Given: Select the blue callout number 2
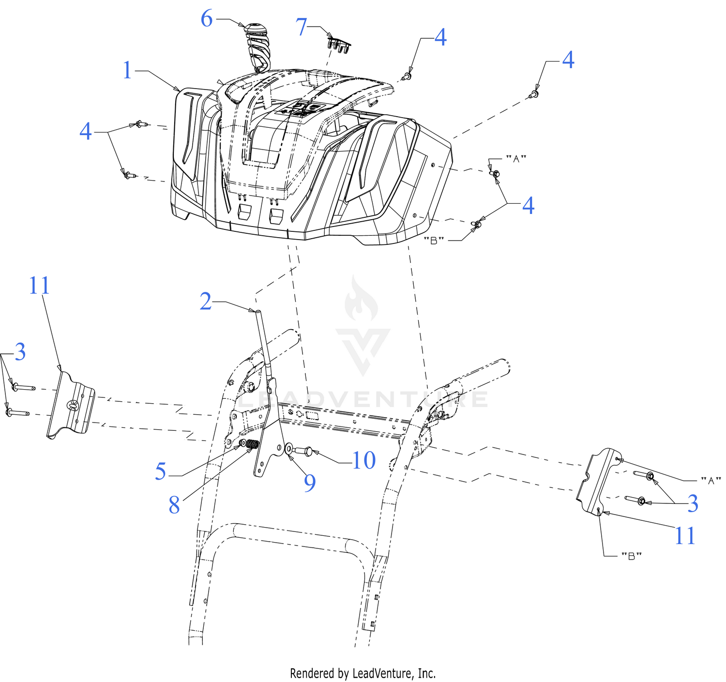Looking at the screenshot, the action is click(x=205, y=302).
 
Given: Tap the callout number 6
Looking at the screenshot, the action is click(x=207, y=18).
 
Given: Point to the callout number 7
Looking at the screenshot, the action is click(x=301, y=27).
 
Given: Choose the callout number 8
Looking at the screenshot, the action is click(x=174, y=505).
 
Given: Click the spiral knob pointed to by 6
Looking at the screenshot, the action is click(x=257, y=47).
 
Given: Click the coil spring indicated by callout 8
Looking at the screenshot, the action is click(x=253, y=444).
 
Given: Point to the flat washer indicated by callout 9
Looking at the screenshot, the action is click(x=288, y=449).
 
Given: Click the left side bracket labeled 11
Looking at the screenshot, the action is click(x=71, y=405).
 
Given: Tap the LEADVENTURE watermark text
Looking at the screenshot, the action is click(x=363, y=399).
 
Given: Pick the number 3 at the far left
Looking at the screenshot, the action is click(x=20, y=352).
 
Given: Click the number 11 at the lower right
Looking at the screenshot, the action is click(x=685, y=536).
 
